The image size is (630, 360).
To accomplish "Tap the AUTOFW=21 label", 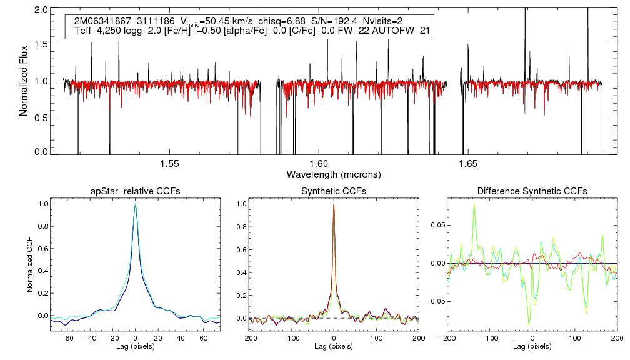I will tap(406, 31).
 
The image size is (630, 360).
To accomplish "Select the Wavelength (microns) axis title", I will tap(333, 174).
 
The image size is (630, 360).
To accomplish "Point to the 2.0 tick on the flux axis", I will tap(42, 11).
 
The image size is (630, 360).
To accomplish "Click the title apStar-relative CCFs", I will tap(135, 191).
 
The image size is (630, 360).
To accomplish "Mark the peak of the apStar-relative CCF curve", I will tap(135, 204).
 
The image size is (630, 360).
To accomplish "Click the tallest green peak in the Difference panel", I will tap(474, 204).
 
